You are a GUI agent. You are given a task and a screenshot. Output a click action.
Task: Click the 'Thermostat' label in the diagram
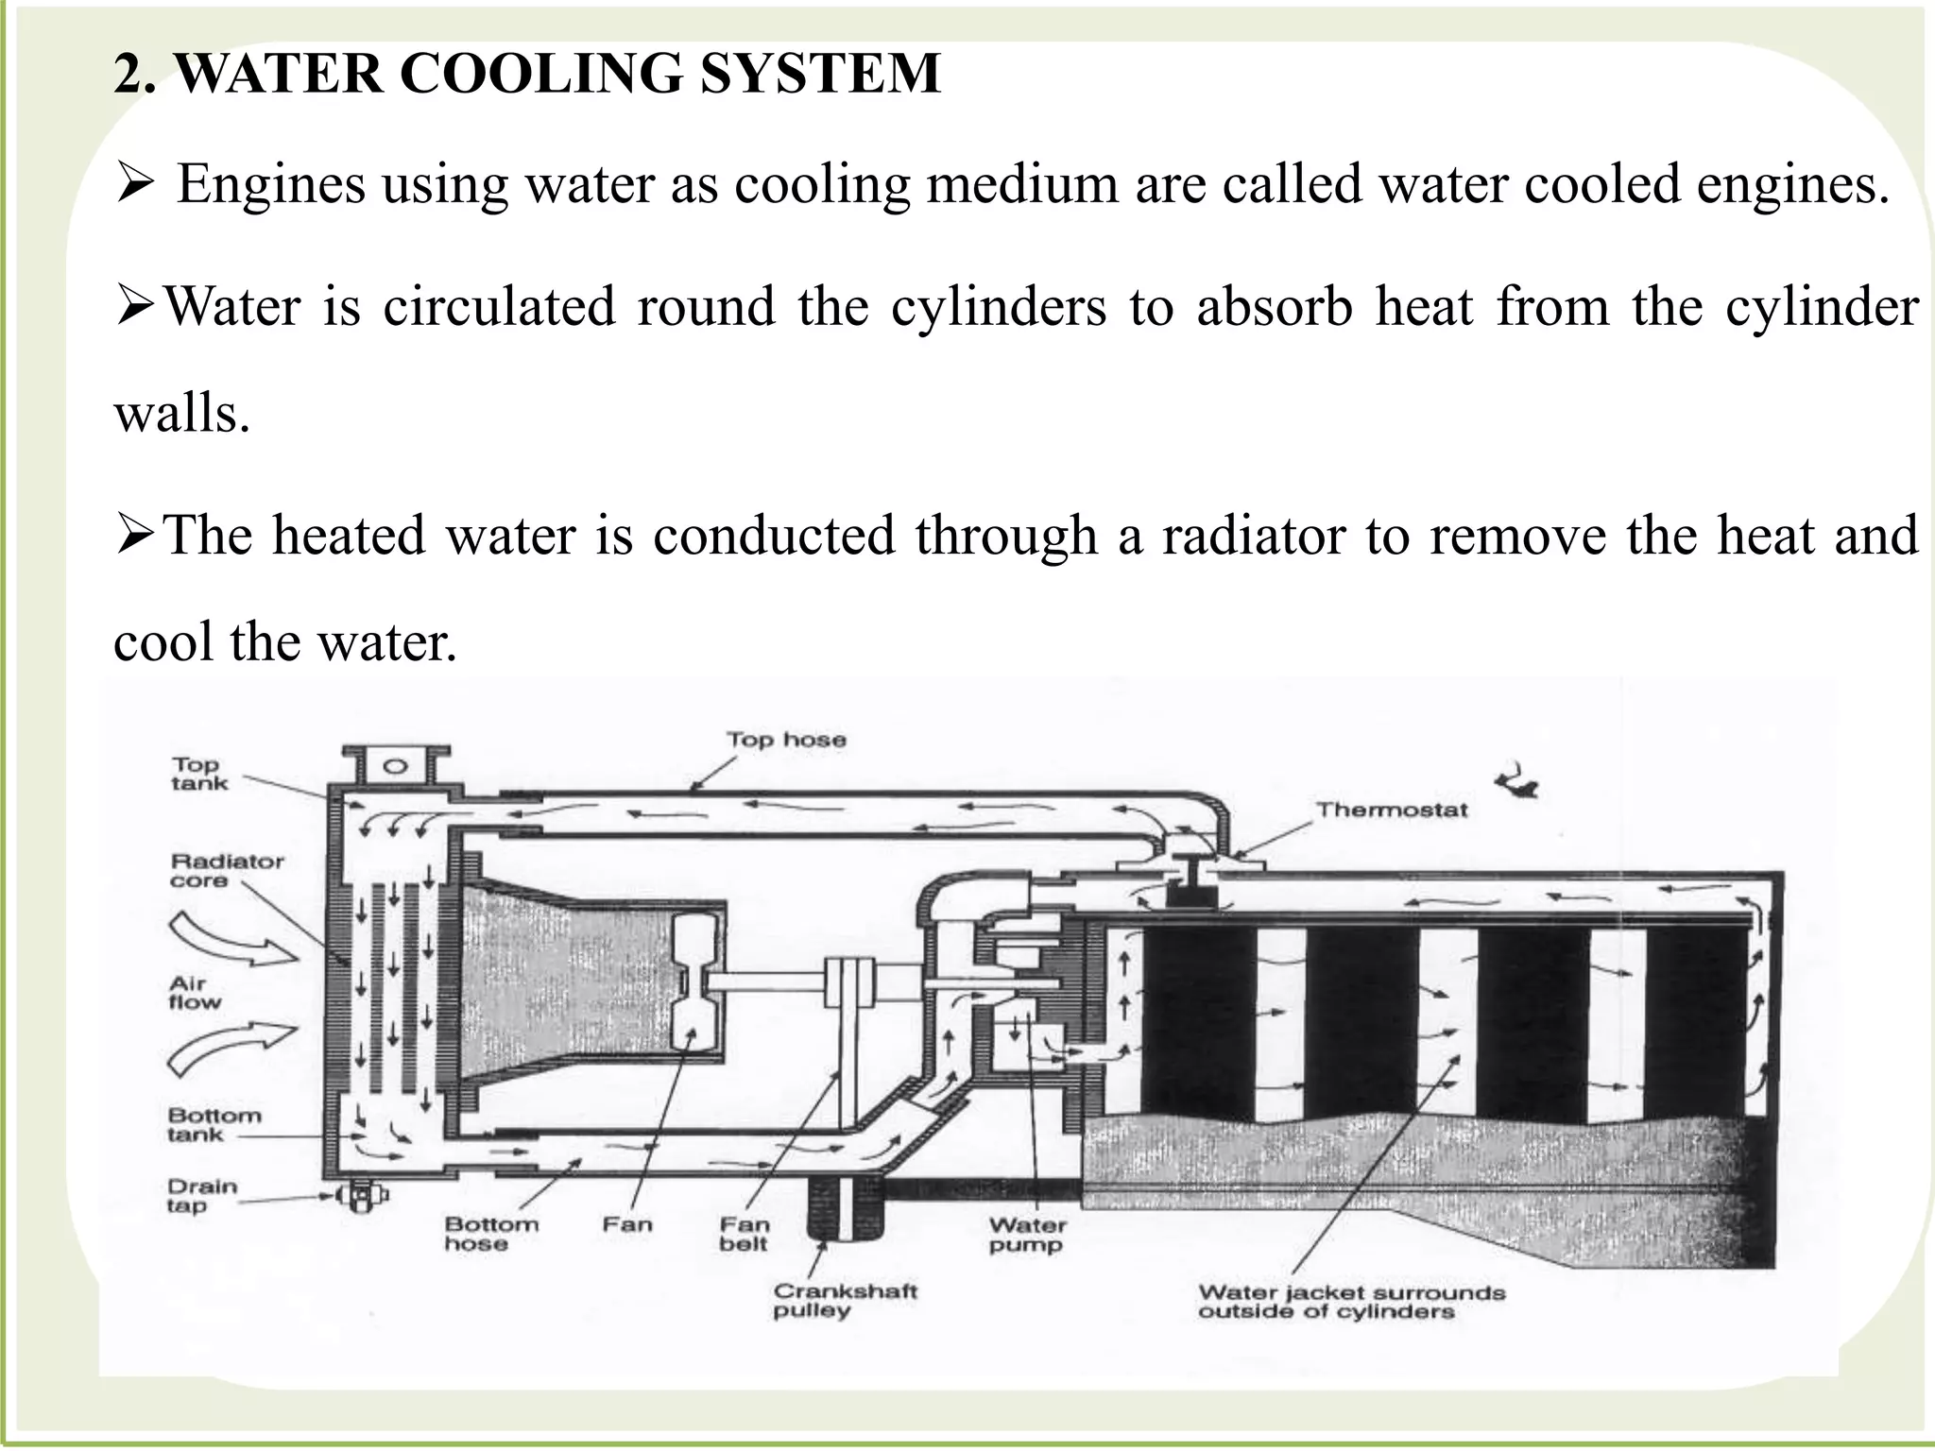[1392, 810]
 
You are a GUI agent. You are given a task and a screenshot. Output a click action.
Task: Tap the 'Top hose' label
[785, 740]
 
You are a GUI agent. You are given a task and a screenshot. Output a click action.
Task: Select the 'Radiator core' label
[227, 870]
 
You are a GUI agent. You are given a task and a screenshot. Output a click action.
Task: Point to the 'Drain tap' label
[201, 1196]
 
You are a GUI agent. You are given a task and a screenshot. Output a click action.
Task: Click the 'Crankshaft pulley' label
[845, 1300]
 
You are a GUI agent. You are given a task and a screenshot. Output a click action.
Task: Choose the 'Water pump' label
[1027, 1235]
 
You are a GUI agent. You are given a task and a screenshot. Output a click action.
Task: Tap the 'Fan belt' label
[744, 1234]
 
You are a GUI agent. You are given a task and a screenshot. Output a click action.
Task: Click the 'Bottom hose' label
[491, 1234]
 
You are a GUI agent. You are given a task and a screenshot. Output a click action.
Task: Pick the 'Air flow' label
[194, 993]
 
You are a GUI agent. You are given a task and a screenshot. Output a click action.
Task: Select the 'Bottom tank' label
[214, 1124]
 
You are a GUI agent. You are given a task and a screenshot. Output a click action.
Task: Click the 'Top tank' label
[198, 773]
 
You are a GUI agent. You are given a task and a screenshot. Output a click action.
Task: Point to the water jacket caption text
[1351, 1301]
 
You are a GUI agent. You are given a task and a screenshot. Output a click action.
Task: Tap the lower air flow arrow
[231, 1050]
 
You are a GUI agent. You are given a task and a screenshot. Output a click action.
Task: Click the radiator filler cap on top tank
[396, 763]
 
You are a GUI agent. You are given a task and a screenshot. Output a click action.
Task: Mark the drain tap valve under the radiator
[359, 1197]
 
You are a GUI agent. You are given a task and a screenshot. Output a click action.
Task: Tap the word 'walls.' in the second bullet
[182, 413]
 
